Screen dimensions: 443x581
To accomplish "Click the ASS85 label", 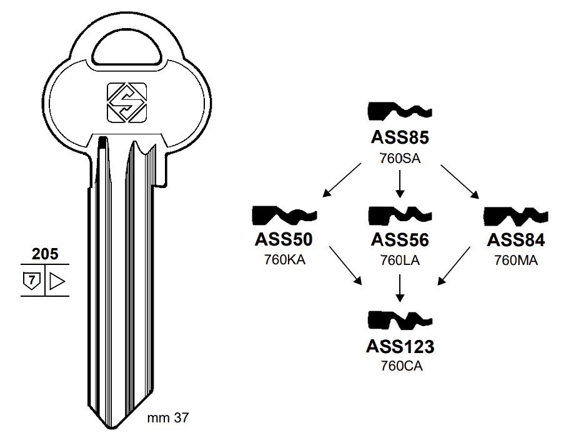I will point(400,137).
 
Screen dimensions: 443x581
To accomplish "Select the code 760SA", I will point(400,158).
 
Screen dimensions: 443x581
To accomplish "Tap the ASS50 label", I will point(284,240).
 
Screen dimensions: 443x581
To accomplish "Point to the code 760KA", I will point(284,261).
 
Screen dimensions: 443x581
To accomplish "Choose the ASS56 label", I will point(400,240).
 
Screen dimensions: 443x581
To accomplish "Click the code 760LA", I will point(400,261).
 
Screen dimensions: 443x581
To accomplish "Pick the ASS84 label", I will point(516,240).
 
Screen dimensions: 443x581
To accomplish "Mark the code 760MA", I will point(516,261).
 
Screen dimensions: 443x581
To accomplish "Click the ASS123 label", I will point(400,346).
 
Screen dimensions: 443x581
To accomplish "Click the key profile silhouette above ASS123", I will point(400,321).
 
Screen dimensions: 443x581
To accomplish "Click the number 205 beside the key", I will point(45,254).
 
